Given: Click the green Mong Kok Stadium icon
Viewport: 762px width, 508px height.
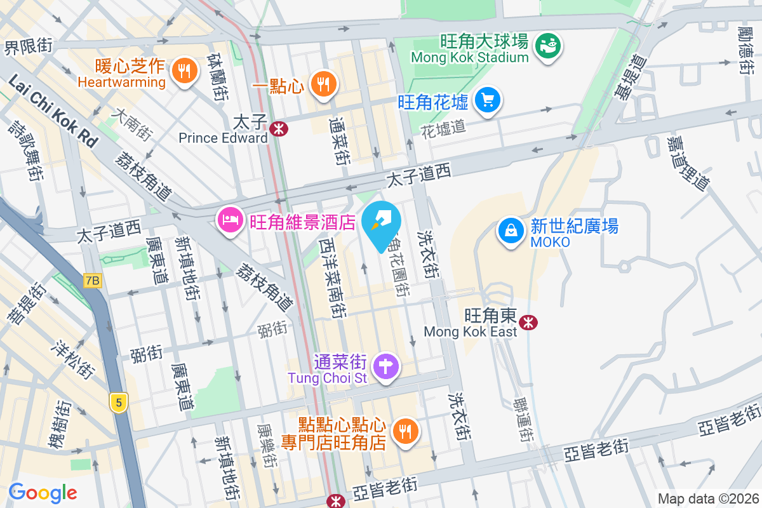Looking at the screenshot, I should [x=547, y=45].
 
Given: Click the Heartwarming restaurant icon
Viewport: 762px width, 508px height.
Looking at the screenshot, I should [x=184, y=70].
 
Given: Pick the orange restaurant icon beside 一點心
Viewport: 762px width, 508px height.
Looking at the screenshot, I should [x=323, y=83].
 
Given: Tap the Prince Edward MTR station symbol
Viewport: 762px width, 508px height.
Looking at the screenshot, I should [x=278, y=129].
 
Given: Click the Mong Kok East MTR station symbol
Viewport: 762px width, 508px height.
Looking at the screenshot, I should [x=528, y=323].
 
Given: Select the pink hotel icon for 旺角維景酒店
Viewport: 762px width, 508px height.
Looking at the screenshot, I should [x=229, y=220].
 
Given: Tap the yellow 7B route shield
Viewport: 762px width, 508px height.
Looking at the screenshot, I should [x=92, y=280].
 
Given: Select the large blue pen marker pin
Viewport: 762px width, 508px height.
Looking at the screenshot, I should [x=382, y=224].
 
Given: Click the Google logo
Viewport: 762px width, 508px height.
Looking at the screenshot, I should [x=43, y=493].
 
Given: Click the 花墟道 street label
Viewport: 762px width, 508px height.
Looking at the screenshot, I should [x=443, y=127].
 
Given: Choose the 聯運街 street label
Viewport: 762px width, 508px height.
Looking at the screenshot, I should [x=524, y=419].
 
